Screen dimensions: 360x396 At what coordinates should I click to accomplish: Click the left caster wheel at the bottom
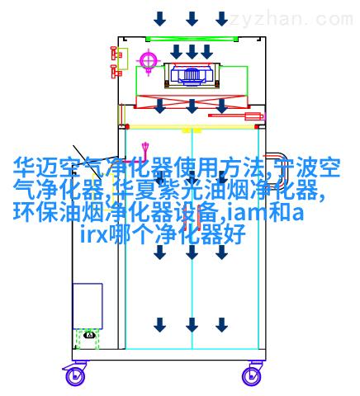(x=75, y=376)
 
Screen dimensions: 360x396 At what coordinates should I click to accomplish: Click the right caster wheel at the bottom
(x=252, y=376)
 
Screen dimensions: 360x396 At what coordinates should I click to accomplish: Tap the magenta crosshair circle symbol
(x=149, y=61)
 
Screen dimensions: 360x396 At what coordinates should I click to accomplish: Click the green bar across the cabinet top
(x=192, y=39)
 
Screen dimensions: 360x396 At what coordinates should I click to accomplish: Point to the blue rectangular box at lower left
(x=88, y=306)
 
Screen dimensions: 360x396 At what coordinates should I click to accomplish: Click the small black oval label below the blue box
(x=89, y=335)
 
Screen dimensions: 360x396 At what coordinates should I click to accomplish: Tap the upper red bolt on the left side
(x=116, y=53)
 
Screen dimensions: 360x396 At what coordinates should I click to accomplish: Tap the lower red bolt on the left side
(x=116, y=71)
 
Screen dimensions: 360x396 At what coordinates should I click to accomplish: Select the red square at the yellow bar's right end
(x=257, y=127)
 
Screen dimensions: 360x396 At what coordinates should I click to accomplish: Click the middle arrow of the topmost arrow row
(x=192, y=19)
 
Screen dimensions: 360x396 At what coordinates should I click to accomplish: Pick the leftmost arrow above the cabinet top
(x=159, y=19)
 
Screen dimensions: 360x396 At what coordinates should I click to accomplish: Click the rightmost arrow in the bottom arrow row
(x=221, y=325)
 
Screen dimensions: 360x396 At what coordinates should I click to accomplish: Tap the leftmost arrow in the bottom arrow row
(x=159, y=325)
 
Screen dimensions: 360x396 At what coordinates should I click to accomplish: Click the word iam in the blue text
(x=247, y=213)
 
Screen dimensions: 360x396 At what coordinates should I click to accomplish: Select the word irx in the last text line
(x=93, y=234)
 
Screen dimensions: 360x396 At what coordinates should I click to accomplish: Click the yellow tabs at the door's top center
(x=192, y=130)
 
